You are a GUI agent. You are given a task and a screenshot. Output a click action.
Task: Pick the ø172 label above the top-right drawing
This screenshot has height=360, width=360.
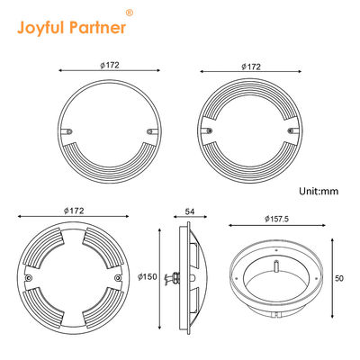tap(252, 67)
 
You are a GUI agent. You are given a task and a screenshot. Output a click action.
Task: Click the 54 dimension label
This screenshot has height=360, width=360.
tap(189, 211)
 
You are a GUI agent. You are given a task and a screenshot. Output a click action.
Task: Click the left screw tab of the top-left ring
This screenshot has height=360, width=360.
tap(67, 132)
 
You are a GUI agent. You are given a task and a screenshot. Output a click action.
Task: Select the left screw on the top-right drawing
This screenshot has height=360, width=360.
tap(209, 131)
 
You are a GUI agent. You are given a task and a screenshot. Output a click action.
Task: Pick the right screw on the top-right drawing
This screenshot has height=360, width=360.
tap(290, 131)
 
